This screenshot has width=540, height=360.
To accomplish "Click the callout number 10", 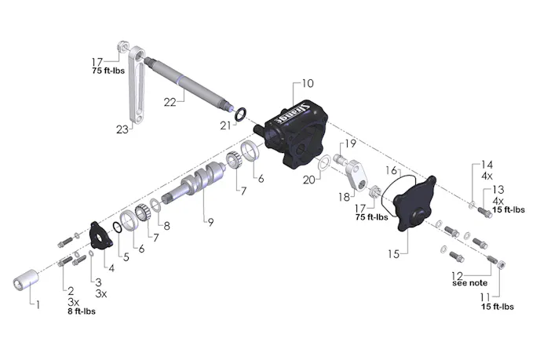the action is point(308,83).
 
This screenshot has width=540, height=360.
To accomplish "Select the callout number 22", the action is point(170,102).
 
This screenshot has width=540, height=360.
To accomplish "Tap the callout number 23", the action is point(122,129).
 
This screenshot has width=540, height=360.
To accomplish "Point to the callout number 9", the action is point(211,222).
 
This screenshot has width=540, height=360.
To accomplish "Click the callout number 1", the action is point(38,304).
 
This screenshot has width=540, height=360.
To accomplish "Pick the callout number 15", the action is point(394,254).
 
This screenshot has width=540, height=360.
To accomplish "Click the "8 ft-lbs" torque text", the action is point(82,311).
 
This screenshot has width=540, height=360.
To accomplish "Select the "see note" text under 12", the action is point(469,283).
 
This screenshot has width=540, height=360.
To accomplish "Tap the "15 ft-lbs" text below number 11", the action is point(498,307).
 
